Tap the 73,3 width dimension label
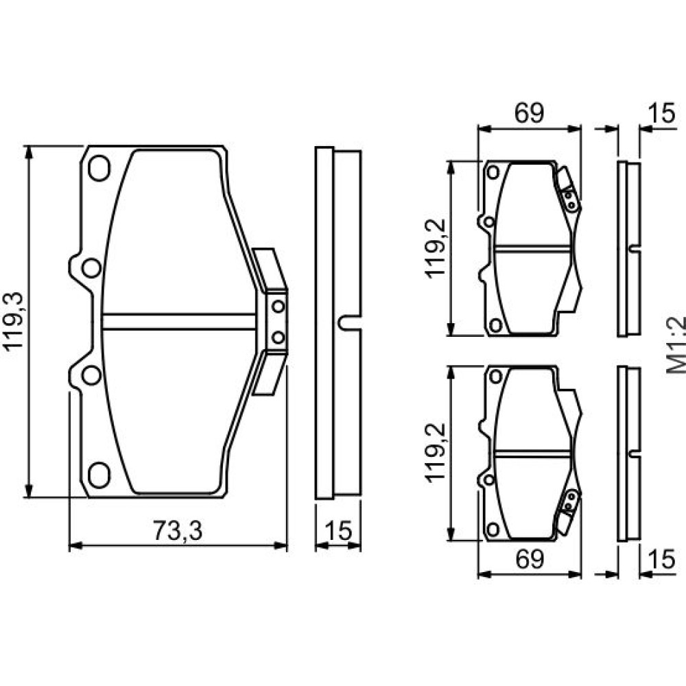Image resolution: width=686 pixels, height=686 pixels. click(178, 531)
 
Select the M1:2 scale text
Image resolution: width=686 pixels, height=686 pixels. click(676, 346)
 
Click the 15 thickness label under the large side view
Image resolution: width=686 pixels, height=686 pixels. click(339, 531)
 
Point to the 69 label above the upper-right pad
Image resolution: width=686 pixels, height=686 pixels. click(530, 113)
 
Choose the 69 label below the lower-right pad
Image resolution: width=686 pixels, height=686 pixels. click(530, 558)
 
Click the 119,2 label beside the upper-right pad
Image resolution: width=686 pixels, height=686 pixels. click(436, 248)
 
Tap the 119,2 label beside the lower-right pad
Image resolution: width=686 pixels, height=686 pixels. click(436, 453)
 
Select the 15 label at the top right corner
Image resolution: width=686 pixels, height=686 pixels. click(662, 113)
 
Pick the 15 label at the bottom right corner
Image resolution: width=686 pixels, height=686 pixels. click(662, 558)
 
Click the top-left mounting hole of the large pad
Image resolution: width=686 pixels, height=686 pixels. click(99, 169)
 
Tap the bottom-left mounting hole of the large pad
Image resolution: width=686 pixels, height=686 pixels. click(99, 475)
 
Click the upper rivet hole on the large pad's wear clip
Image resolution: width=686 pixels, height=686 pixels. click(279, 306)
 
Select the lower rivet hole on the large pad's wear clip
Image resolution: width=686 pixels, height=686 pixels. click(279, 338)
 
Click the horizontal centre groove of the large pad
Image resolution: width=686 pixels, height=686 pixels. click(178, 322)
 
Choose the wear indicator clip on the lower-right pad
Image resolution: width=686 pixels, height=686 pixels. click(568, 512)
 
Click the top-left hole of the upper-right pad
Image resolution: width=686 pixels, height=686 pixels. click(493, 172)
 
